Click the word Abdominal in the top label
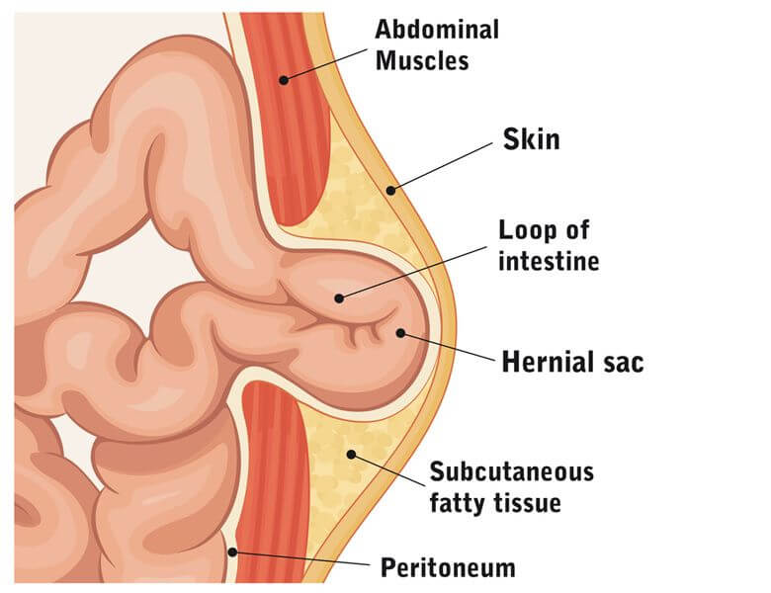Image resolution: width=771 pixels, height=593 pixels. coord(437,30)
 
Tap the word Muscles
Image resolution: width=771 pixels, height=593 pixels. coord(422,61)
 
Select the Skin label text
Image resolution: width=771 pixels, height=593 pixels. coord(531,139)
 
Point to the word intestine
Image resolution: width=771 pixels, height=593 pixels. coord(549,261)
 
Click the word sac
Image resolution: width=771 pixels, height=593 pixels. coord(623,364)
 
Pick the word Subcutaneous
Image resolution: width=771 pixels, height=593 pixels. coord(512,471)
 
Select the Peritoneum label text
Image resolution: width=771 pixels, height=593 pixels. coord(448,568)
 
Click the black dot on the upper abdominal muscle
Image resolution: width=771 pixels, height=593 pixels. coord(284,80)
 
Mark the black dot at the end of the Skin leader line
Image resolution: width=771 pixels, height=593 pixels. coord(390,190)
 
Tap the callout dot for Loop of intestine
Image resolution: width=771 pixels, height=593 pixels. coord(339,297)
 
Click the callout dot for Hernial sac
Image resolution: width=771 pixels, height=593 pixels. coord(400,333)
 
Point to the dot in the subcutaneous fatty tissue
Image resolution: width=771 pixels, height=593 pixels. coord(351,454)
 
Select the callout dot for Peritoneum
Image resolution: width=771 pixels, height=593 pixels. coord(232,552)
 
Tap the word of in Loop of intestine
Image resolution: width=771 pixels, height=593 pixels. coord(577,230)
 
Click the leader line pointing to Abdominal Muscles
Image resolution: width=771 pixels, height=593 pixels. coord(325,64)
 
